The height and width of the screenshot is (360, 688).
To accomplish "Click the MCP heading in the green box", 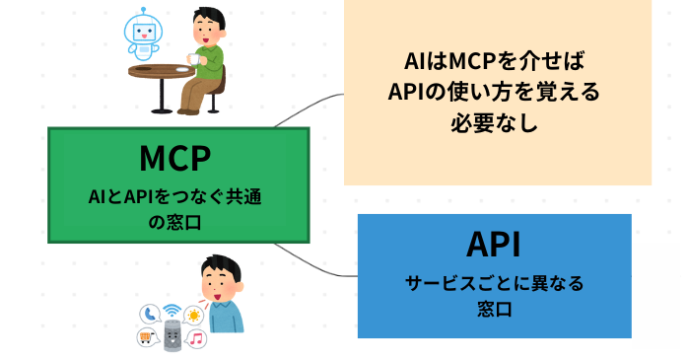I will click(x=177, y=159).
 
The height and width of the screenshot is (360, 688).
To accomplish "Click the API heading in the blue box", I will click(x=493, y=246).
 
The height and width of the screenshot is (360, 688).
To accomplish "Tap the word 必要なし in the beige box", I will click(x=497, y=125).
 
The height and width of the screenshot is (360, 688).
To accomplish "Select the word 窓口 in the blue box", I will click(x=494, y=309).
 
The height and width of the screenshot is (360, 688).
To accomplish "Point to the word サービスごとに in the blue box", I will click(x=460, y=284).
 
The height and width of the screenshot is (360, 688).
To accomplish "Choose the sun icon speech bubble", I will click(x=194, y=315).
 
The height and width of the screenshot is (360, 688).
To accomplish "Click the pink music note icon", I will click(x=196, y=339).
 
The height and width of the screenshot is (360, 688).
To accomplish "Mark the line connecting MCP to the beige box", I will click(x=306, y=108).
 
